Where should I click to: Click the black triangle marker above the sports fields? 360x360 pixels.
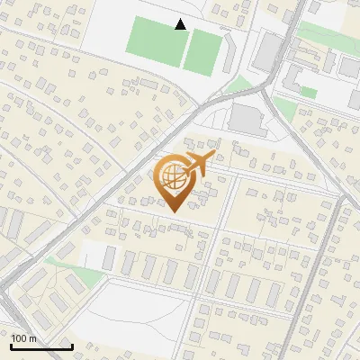[x=181, y=24]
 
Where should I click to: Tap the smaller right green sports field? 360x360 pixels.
[x=203, y=50]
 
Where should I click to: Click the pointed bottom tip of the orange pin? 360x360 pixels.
[x=172, y=211]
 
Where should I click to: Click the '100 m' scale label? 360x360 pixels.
[x=24, y=338]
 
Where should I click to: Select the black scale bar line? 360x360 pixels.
[x=41, y=346]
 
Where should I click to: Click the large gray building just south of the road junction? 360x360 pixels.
[x=248, y=118]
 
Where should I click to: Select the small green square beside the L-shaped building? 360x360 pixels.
[x=309, y=92]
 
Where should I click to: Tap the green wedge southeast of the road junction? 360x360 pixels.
[x=284, y=108]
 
